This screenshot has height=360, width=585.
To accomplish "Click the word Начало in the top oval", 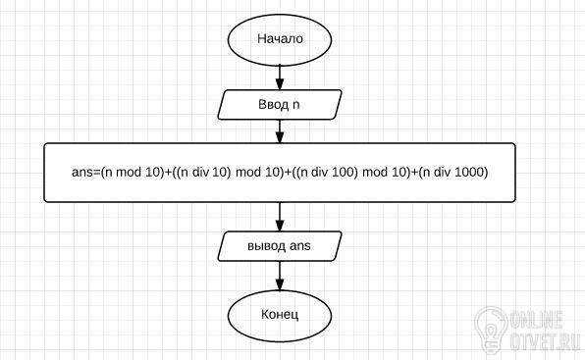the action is tap(280, 39).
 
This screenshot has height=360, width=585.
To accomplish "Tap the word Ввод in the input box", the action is tap(273, 104).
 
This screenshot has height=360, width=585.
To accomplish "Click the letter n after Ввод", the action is tap(295, 105).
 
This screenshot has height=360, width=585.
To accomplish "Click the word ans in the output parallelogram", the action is tap(300, 246).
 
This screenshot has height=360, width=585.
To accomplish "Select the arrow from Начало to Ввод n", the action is tap(280, 77).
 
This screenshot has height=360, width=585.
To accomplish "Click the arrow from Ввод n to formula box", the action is tap(280, 131).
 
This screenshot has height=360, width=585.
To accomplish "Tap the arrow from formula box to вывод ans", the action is tap(280, 217).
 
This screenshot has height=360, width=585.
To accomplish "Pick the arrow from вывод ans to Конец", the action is tap(280, 276).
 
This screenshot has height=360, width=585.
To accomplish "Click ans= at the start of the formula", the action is tap(86, 173).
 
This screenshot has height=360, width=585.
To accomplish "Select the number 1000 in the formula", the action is tap(470, 172).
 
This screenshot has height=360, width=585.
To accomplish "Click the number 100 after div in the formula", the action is tap(343, 172).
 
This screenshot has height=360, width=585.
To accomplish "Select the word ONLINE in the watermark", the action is tap(536, 319).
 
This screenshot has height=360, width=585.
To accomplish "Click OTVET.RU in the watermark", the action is tap(545, 341).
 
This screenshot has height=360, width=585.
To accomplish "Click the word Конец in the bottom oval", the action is tap(280, 315).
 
